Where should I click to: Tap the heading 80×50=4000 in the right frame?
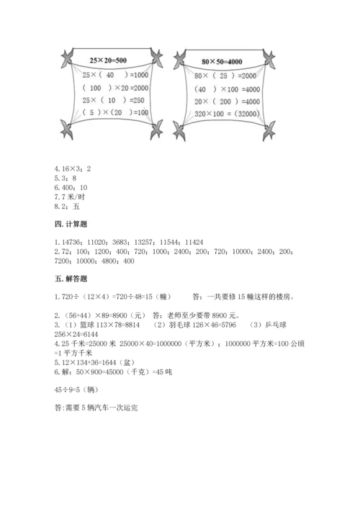223,61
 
